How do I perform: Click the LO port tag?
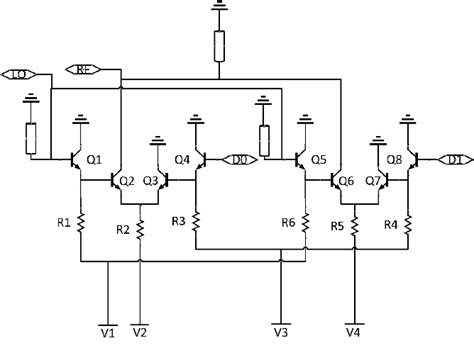point(20,73)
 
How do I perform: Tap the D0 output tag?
point(241,158)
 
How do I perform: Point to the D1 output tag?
point(451,158)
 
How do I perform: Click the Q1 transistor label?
point(97,159)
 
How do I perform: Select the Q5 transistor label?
point(319,159)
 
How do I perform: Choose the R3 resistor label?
point(178,220)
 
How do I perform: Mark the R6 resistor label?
point(288,222)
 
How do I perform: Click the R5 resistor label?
point(337,227)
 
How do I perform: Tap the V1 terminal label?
point(108,331)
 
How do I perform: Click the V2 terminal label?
point(140,331)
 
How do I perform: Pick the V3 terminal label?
point(282,331)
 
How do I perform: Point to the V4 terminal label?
point(353,331)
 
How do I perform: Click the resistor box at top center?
point(219,46)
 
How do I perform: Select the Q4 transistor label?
point(182,158)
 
